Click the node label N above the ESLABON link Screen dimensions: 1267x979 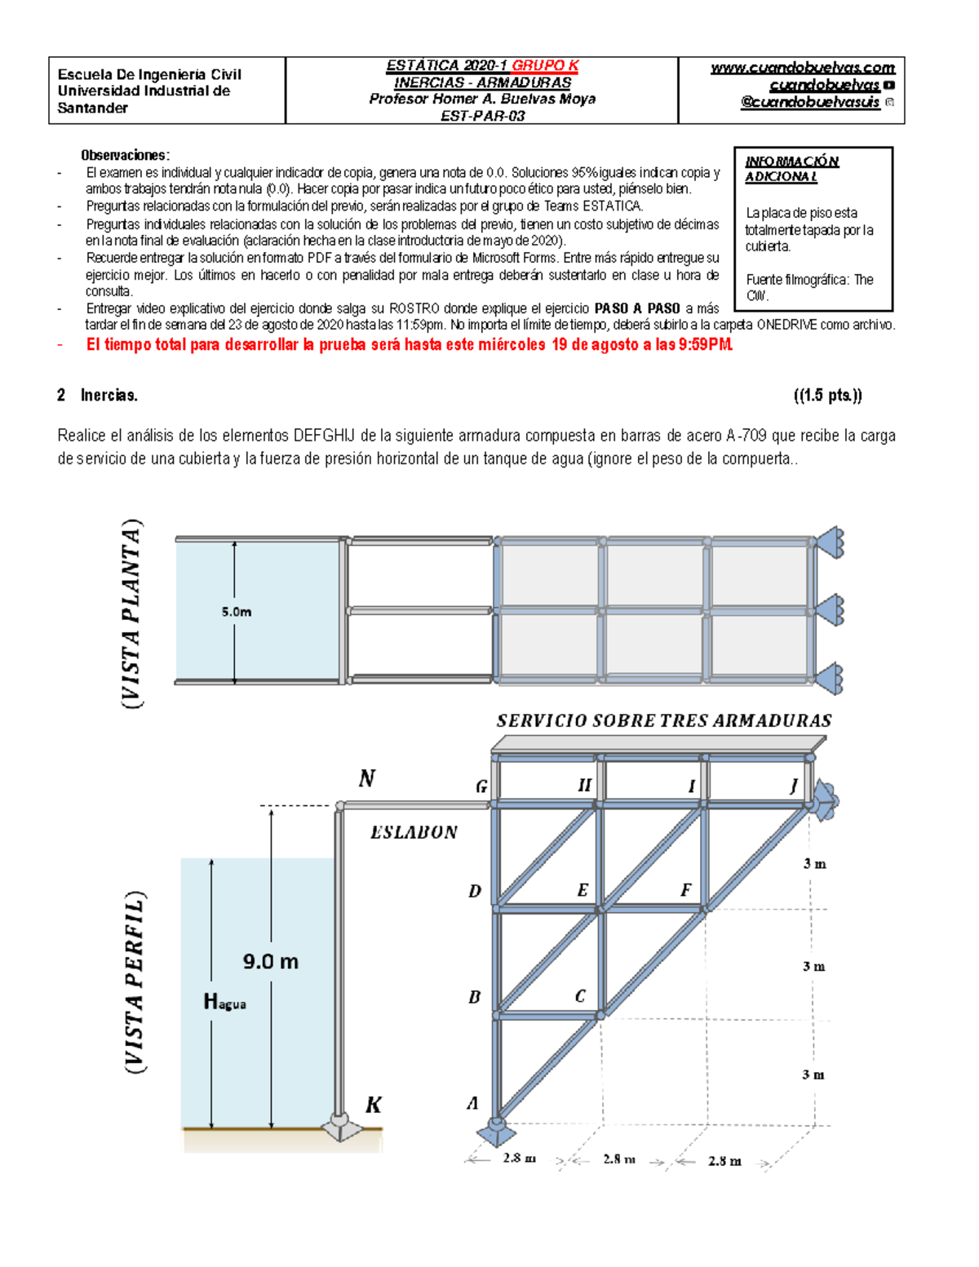pos(367,778)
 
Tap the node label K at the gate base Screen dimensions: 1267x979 pos(373,1105)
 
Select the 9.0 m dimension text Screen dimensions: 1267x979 pos(271,961)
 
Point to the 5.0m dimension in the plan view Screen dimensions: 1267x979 pos(237,611)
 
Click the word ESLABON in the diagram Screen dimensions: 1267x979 pos(414,832)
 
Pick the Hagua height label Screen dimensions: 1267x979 pos(224,1001)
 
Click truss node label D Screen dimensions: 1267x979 pos(475,891)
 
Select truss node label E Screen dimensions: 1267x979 pos(583,890)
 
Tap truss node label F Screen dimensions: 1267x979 pos(685,890)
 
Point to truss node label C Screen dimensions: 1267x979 pos(580,995)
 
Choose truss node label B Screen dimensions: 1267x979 pos(474,997)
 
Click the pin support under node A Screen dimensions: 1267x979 pos(495,1132)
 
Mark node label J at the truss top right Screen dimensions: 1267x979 pos(794,786)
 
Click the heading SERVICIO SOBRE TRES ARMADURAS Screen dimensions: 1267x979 pos(664,720)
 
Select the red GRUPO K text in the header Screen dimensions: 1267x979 pos(545,65)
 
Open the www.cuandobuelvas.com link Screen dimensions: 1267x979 pos(802,68)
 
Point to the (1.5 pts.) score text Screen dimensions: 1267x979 pos(827,396)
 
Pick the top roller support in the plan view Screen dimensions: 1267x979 pos(830,543)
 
